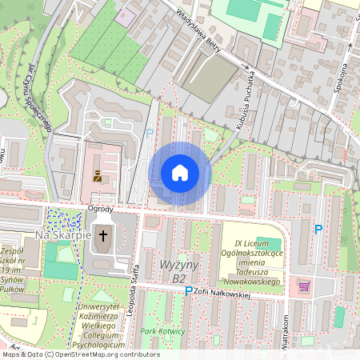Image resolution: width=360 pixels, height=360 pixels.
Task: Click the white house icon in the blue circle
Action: point(180,173)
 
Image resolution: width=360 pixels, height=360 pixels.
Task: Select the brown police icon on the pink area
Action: point(98,175)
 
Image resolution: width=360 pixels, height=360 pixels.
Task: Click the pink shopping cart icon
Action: point(303,285)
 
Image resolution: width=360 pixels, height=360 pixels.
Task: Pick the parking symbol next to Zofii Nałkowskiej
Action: point(189,292)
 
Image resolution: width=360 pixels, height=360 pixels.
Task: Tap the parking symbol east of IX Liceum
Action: point(318,230)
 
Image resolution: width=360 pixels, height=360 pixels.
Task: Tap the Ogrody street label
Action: point(100,209)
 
